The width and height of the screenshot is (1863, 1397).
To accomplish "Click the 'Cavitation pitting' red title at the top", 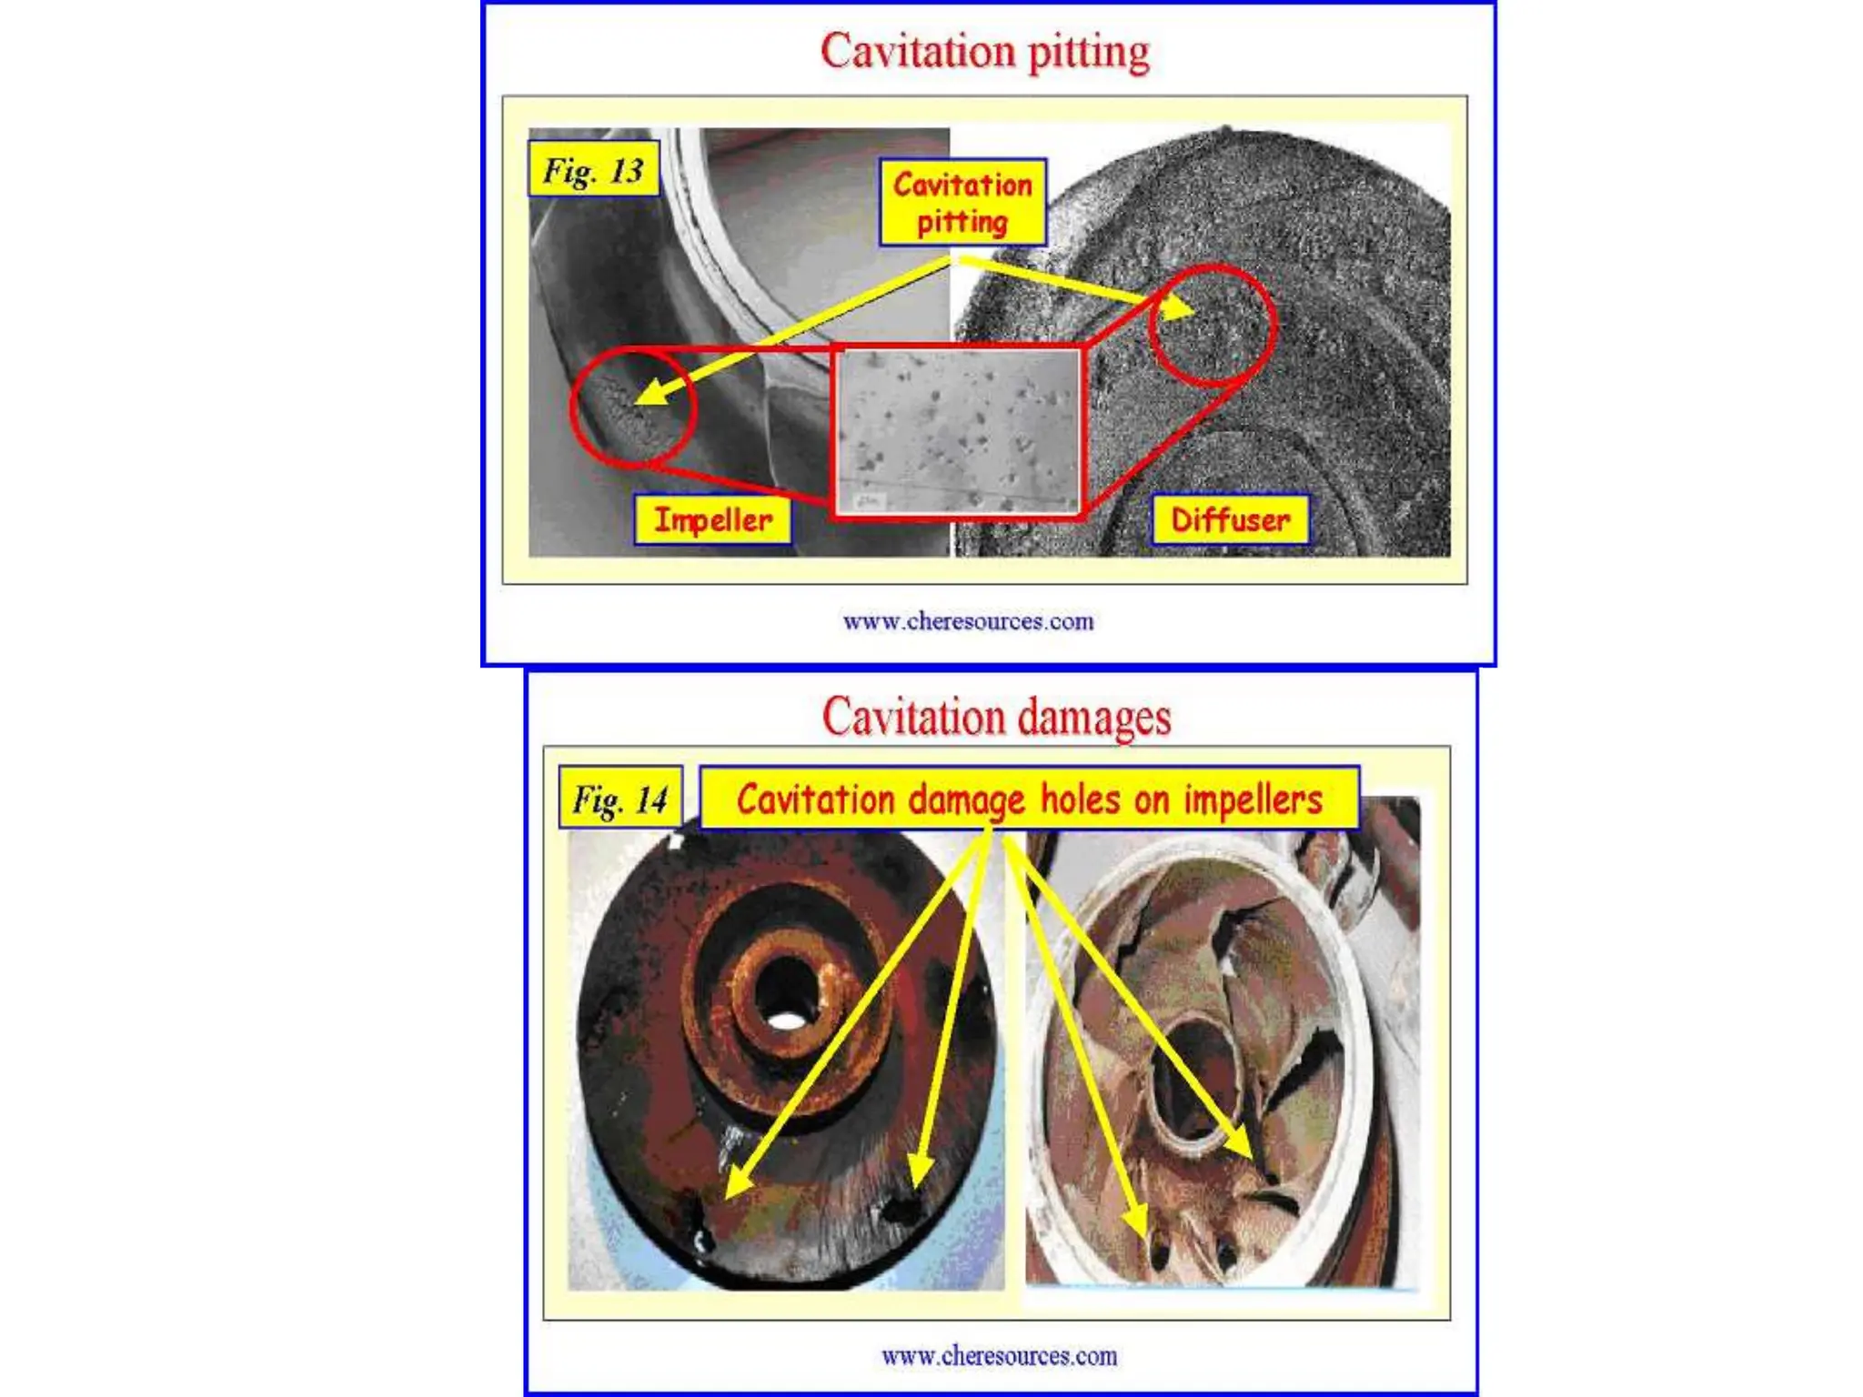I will coord(984,51).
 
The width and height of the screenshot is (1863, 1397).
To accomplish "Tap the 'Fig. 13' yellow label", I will coord(593,170).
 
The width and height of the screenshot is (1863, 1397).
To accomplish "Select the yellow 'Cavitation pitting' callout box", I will coord(962,203).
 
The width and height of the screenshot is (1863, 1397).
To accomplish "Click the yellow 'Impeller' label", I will coord(712,520).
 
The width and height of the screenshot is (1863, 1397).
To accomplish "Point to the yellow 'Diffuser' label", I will coord(1230,520).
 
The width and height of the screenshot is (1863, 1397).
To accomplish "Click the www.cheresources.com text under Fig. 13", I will coord(968,622).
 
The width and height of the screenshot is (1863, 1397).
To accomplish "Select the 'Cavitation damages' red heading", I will coord(996,717).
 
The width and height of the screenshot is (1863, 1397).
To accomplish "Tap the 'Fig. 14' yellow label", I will coord(619,799).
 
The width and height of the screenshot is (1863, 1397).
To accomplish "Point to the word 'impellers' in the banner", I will coord(1253,799).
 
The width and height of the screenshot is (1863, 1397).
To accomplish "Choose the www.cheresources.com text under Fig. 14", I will coord(999,1356).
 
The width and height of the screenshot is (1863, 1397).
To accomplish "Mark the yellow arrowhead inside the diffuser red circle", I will coord(1181,309).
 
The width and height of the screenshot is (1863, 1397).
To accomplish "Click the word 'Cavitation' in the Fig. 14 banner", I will coord(815,799).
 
